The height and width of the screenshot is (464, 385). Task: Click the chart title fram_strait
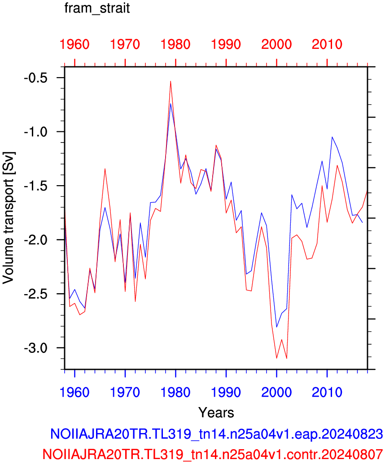click(x=97, y=8)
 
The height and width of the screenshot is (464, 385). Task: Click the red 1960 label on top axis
click(x=74, y=44)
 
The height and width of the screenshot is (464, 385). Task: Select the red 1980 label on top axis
click(x=175, y=44)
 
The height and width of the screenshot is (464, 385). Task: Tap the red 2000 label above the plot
click(x=276, y=44)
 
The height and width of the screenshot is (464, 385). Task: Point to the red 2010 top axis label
click(x=327, y=44)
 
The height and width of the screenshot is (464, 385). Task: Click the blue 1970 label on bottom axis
click(x=125, y=392)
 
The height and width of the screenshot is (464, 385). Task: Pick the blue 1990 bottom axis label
click(x=226, y=392)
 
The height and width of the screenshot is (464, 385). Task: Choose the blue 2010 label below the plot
click(x=327, y=392)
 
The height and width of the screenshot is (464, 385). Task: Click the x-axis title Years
click(x=216, y=412)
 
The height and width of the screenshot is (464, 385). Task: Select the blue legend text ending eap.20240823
click(x=217, y=434)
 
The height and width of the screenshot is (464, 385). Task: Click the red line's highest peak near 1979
click(x=171, y=81)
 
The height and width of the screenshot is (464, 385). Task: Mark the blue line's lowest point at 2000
click(x=276, y=327)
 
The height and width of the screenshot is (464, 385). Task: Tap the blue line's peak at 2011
click(x=332, y=137)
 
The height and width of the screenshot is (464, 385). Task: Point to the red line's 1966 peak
click(x=105, y=169)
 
